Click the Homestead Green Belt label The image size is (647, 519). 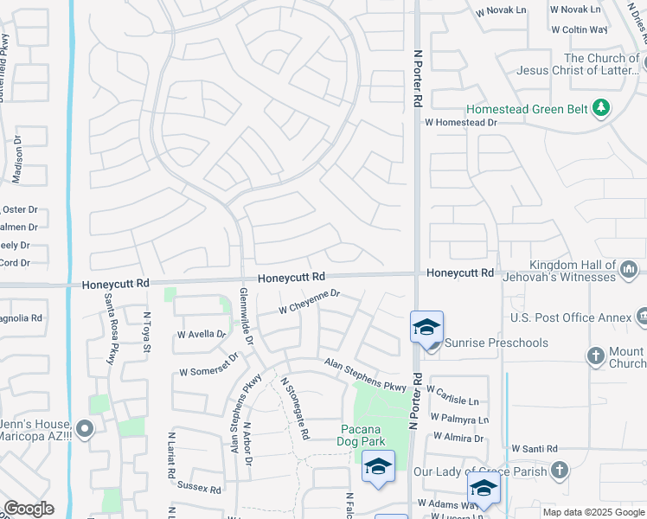527,110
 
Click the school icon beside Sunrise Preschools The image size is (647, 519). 427,328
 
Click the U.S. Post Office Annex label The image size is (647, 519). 571,318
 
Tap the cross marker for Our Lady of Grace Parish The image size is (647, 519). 560,471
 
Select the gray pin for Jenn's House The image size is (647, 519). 84,427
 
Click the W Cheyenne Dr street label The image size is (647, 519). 309,302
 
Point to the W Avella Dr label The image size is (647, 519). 201,334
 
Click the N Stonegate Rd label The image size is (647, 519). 294,408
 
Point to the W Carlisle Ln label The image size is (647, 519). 452,399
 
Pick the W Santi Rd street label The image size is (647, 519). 534,449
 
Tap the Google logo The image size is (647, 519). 29,509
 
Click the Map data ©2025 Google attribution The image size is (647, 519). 593,512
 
